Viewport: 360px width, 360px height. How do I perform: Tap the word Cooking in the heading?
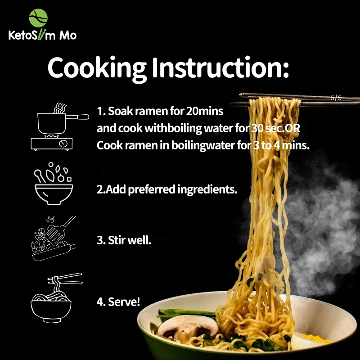[96, 68]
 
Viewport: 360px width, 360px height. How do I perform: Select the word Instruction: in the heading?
[220, 68]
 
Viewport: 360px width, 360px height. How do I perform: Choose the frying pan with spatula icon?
[53, 239]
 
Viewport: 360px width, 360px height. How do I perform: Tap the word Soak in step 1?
[118, 110]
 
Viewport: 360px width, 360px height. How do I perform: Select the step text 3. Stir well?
[124, 240]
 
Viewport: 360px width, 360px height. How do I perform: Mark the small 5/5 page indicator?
[336, 97]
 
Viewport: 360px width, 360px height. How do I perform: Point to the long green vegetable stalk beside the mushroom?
[184, 313]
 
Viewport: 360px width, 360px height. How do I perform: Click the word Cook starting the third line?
[109, 146]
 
